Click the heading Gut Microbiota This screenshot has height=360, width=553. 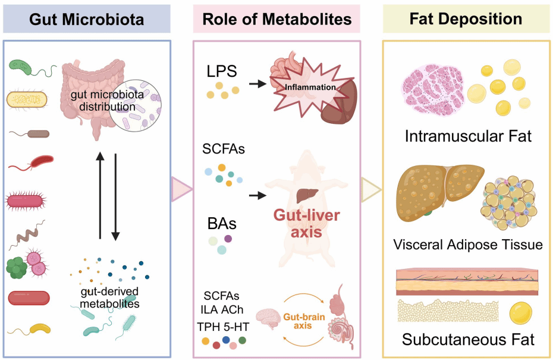pyautogui.click(x=86, y=19)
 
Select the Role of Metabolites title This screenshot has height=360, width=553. pyautogui.click(x=276, y=19)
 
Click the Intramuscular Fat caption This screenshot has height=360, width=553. pyautogui.click(x=467, y=136)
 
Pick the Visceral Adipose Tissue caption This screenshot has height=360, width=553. pyautogui.click(x=467, y=245)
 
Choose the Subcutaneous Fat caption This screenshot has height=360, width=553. pyautogui.click(x=467, y=340)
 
